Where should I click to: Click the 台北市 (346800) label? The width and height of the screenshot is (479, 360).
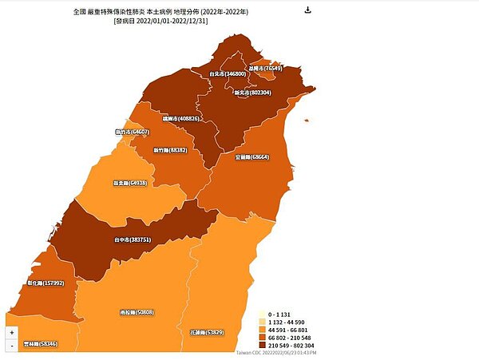click(228, 74)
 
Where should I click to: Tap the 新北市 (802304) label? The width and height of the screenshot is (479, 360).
click(253, 93)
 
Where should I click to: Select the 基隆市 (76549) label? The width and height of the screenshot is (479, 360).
click(266, 69)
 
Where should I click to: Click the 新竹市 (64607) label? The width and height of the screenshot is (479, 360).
click(132, 133)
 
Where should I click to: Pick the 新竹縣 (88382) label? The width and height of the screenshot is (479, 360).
click(171, 149)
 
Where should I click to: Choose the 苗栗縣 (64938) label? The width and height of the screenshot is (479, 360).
click(130, 183)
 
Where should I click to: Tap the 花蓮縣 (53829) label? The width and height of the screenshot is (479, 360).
click(207, 332)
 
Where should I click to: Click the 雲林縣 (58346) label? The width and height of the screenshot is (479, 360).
click(41, 344)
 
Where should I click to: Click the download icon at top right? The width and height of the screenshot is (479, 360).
click(308, 10)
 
